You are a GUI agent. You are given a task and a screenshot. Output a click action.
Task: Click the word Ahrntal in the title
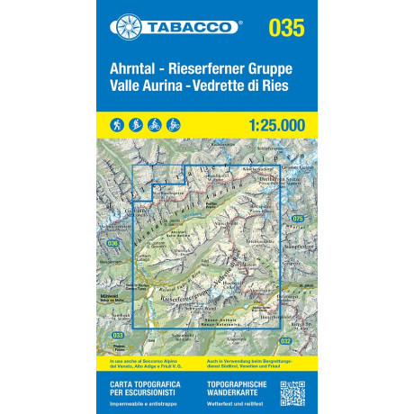tap(138, 68)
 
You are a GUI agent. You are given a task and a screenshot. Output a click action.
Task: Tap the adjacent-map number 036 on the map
tap(112, 244)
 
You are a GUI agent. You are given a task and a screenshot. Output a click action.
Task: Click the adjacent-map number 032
tap(284, 340)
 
